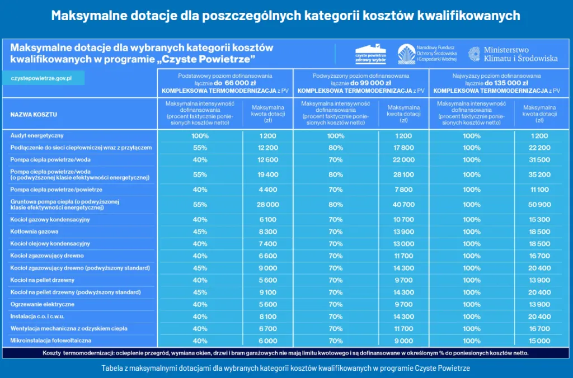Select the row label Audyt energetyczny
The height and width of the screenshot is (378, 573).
[37, 136]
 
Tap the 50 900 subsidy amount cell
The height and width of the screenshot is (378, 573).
[539, 205]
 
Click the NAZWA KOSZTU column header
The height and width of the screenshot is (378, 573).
[34, 115]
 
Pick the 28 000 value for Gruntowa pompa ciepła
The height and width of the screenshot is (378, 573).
[268, 205]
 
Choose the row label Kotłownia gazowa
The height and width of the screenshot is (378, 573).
[35, 231]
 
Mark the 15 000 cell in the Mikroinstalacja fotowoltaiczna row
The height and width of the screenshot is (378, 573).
[539, 341]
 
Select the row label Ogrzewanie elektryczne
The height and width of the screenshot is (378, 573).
[43, 305]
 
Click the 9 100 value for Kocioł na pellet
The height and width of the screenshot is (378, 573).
[268, 292]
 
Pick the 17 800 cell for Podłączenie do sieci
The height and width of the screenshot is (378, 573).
[403, 148]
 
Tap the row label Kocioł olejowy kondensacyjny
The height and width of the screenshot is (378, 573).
[50, 244]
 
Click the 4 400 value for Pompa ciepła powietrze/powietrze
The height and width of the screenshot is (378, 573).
[268, 190]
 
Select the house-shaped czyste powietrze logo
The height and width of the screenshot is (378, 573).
[371, 54]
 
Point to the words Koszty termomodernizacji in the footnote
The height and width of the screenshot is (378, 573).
[76, 353]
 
